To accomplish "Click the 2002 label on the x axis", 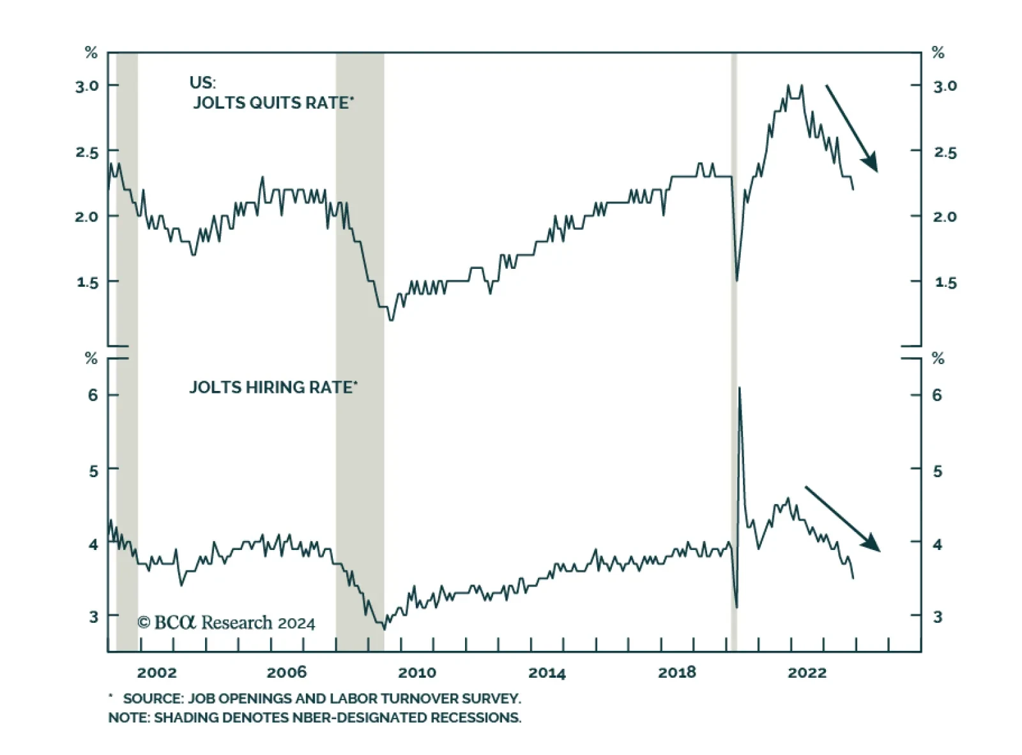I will pyautogui.click(x=156, y=673).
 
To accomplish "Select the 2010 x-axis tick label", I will pyautogui.click(x=417, y=673).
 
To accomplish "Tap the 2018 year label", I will pyautogui.click(x=677, y=673).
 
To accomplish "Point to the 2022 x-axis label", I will pyautogui.click(x=807, y=673).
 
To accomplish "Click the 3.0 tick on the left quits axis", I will pyautogui.click(x=88, y=86).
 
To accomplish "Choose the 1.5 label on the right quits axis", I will pyautogui.click(x=945, y=282).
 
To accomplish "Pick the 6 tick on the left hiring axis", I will pyautogui.click(x=93, y=395).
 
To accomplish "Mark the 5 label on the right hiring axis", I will pyautogui.click(x=937, y=471).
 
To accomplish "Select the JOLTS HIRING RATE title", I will pyautogui.click(x=273, y=388).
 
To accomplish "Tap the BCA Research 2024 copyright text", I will pyautogui.click(x=227, y=623).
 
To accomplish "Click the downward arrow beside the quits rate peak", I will pyautogui.click(x=851, y=128).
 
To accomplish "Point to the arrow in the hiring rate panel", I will pyautogui.click(x=842, y=518).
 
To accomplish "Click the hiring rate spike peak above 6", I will pyautogui.click(x=740, y=388).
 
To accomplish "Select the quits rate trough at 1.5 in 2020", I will pyautogui.click(x=736, y=280).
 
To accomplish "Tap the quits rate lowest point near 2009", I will pyautogui.click(x=391, y=319).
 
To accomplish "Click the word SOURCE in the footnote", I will pyautogui.click(x=151, y=699).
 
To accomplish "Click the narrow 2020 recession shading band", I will pyautogui.click(x=734, y=351).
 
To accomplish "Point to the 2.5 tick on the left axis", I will pyautogui.click(x=88, y=152).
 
